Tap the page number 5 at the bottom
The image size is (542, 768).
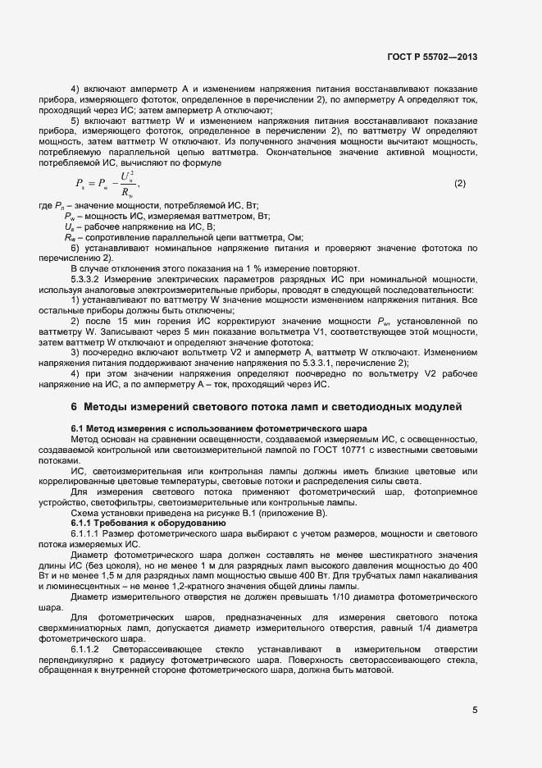pos(475,711)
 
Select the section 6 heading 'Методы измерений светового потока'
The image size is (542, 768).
pos(266,406)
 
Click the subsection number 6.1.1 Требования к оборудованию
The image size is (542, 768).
pos(85,523)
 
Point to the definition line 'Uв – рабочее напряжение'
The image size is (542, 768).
pos(139,226)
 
